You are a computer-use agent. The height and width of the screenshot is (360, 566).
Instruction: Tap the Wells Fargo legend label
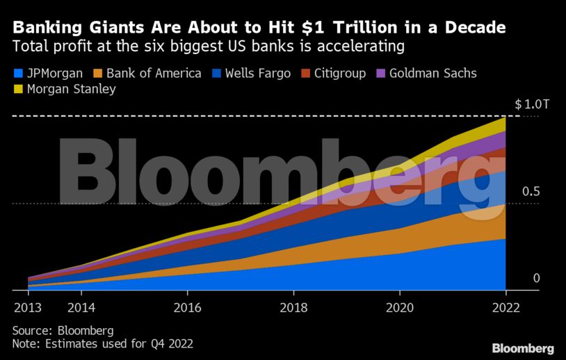click(258, 73)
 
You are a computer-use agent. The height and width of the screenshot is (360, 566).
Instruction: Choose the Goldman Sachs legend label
click(432, 73)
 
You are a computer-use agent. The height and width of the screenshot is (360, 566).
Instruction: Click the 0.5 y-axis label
click(531, 191)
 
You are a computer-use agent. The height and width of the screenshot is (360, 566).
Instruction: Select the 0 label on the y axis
click(536, 279)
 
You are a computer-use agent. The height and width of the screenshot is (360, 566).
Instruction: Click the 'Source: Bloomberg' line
click(63, 330)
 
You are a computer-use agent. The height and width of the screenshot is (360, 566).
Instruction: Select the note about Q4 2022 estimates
click(102, 343)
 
